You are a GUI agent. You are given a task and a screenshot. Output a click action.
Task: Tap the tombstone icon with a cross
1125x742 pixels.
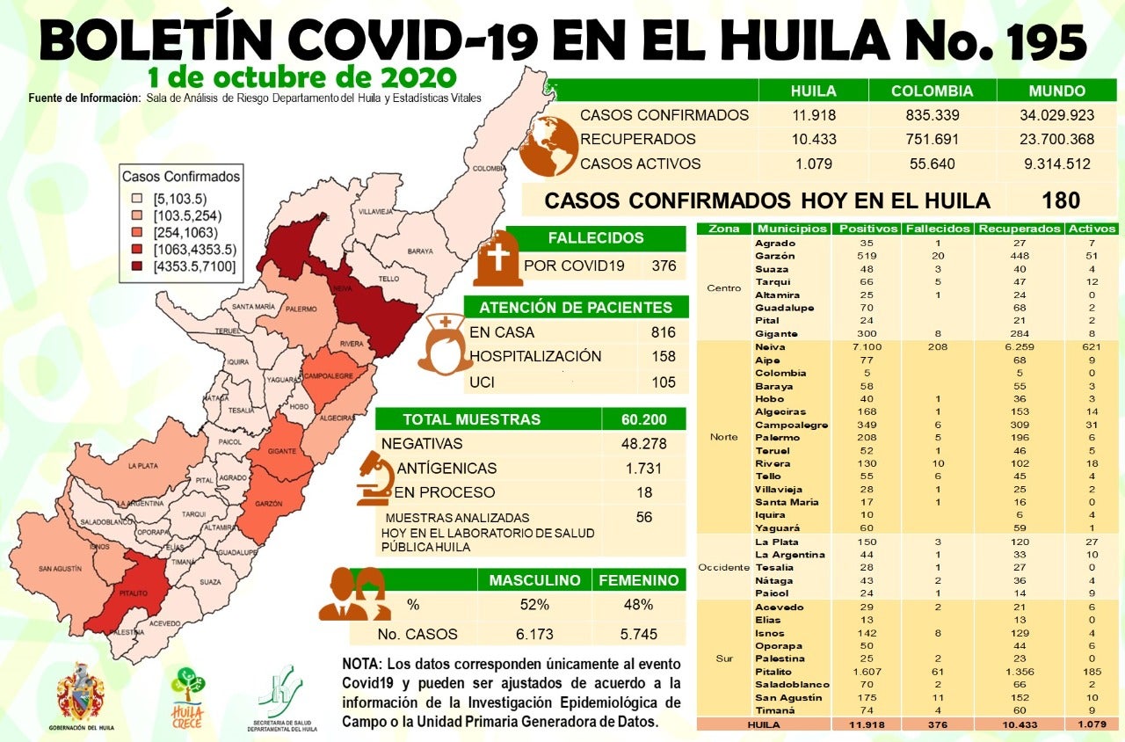497,258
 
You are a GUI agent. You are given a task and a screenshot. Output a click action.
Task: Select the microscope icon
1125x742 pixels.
374,478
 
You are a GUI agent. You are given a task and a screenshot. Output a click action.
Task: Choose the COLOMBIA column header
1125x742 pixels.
932,91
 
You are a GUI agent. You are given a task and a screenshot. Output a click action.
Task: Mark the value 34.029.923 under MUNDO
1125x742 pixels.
1049,115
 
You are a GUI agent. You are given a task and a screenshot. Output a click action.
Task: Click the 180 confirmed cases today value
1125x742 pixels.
1061,200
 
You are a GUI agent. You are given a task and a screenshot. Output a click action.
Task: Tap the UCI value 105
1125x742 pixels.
664,382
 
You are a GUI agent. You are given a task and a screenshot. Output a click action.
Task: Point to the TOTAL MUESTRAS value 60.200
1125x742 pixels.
643,419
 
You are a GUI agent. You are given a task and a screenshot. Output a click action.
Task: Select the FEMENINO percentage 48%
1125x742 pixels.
638,605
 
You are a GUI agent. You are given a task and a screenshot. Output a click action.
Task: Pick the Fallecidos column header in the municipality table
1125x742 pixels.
938,229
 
